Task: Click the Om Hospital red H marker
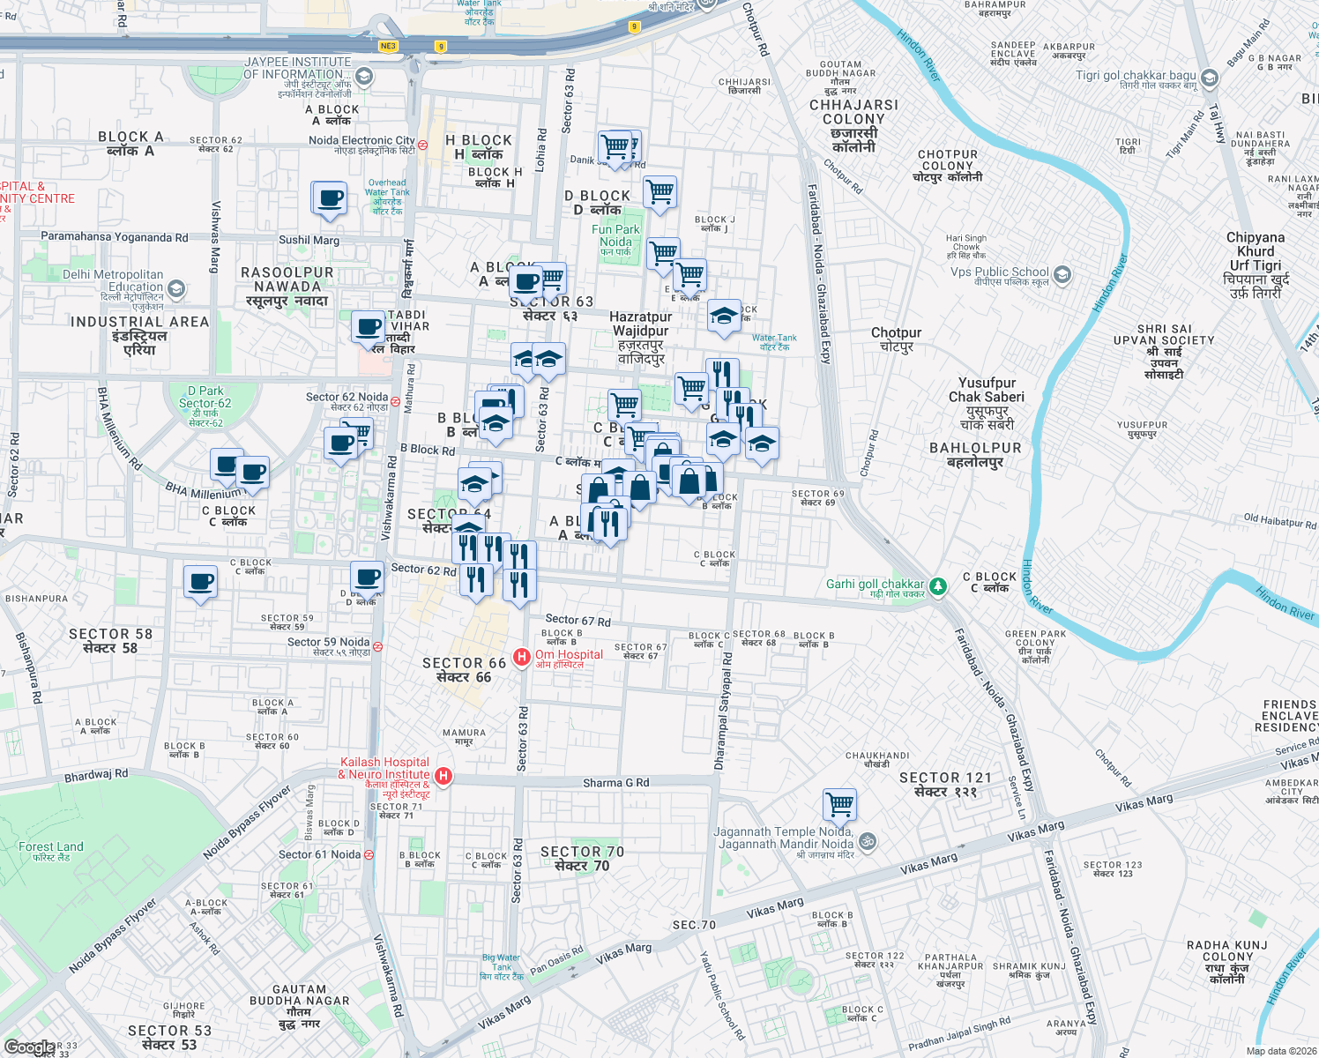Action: coord(521,657)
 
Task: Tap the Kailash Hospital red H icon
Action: coord(443,776)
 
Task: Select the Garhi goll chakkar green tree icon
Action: coord(938,585)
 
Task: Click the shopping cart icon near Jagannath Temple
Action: coord(839,804)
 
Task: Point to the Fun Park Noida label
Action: coord(615,236)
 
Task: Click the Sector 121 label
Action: coord(945,784)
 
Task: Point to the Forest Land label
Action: coord(51,851)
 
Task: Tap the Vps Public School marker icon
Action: coord(1062,274)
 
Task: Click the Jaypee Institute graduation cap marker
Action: coord(363,77)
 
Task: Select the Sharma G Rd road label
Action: coord(615,783)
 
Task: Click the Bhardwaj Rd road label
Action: coord(96,775)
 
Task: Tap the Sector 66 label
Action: coord(464,670)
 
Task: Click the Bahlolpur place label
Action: coord(975,454)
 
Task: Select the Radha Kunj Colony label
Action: coord(1226,962)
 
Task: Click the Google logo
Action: coord(29,1047)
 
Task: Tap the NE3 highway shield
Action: coord(388,46)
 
